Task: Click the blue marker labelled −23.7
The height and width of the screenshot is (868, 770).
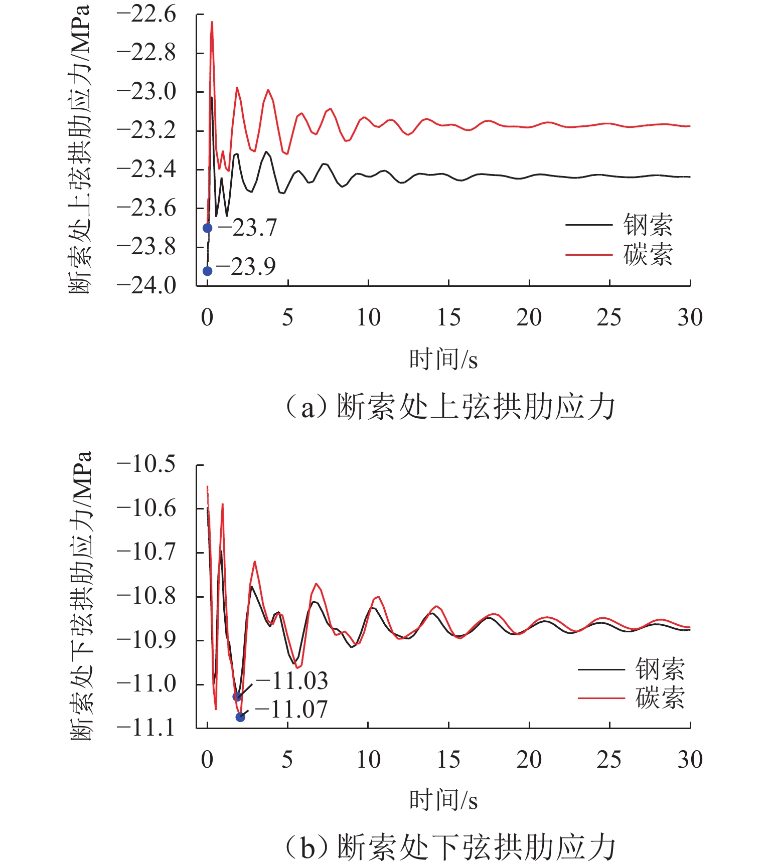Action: [x=207, y=228]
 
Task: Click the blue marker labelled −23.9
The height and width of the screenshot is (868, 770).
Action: [x=207, y=271]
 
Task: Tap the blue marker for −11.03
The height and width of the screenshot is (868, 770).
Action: [x=237, y=697]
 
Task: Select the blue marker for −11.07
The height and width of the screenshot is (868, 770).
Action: [x=240, y=717]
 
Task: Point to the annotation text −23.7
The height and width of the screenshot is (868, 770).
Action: [x=248, y=228]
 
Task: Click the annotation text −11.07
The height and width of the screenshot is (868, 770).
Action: [x=291, y=710]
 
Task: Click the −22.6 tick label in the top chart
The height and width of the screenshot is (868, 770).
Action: [x=146, y=15]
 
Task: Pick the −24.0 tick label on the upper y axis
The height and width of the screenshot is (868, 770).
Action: [x=146, y=286]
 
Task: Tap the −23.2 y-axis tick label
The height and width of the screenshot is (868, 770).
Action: [x=146, y=130]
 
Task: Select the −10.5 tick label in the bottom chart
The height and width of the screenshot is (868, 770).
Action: [x=146, y=464]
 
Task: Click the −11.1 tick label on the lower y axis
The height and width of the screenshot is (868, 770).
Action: [x=146, y=728]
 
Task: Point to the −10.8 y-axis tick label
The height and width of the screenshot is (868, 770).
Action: [x=146, y=596]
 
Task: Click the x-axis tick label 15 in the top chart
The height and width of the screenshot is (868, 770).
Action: [x=448, y=318]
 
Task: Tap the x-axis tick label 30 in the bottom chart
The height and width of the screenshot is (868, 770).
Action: [x=690, y=760]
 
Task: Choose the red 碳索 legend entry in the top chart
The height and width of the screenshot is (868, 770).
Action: [x=620, y=255]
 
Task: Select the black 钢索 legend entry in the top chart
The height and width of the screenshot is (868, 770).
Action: [x=620, y=225]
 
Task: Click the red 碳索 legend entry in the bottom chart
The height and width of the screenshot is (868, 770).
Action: [x=632, y=698]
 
